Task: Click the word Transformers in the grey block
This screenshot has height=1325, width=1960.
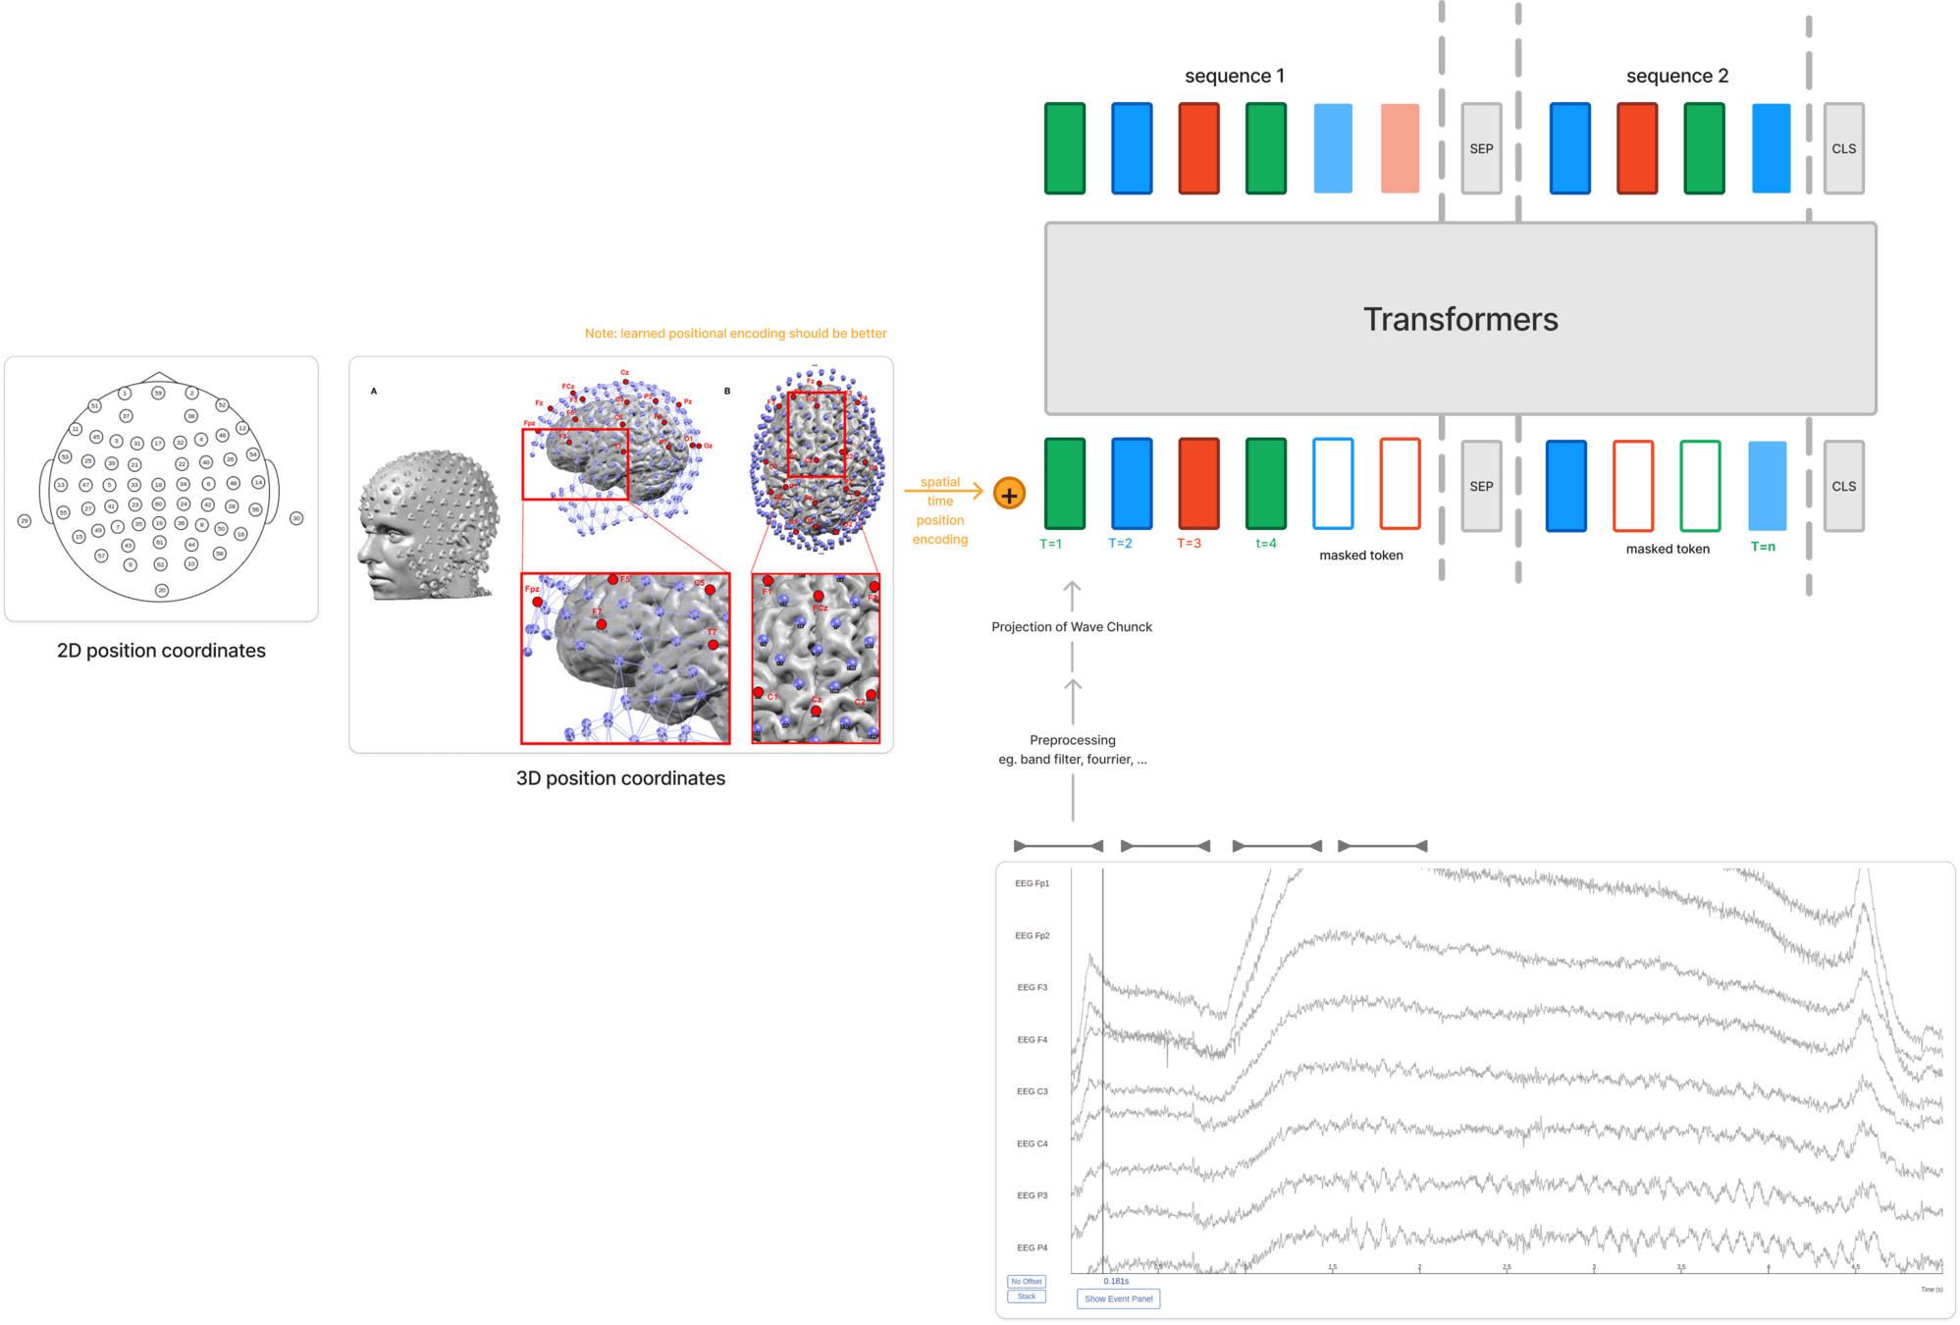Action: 1459,319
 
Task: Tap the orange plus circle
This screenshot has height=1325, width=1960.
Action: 1009,494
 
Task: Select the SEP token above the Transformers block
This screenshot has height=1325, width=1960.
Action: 1481,149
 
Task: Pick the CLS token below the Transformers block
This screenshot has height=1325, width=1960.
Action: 1843,487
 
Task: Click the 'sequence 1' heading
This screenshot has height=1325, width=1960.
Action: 1234,77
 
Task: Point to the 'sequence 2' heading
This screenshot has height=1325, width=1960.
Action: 1676,77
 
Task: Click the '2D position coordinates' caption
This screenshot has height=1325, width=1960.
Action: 161,651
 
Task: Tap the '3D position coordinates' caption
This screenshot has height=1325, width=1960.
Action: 620,778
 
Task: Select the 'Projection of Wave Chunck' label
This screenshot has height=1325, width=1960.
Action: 1072,627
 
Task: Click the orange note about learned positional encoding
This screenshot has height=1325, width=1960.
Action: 735,334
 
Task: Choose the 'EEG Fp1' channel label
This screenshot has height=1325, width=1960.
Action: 1032,883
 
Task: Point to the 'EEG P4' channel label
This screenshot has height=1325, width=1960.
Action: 1032,1247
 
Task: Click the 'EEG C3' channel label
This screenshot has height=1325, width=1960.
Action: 1032,1091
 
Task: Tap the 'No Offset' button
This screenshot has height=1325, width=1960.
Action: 1027,1281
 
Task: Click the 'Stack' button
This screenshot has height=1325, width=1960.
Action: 1027,1297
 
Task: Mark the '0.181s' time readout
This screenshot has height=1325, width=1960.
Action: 1116,1281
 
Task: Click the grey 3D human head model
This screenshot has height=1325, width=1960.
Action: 429,525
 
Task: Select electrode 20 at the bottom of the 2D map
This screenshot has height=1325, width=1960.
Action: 162,590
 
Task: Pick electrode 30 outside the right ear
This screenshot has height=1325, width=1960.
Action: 296,518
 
